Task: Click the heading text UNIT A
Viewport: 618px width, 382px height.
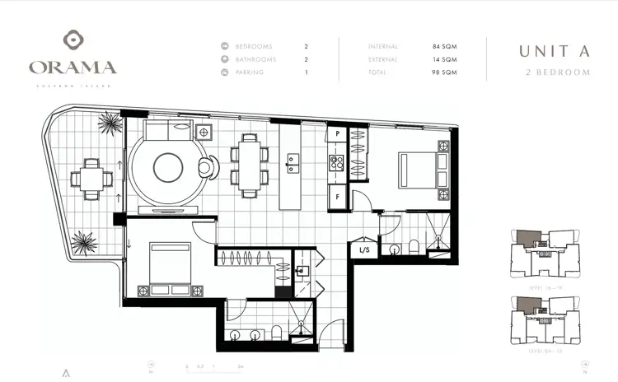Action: pos(554,51)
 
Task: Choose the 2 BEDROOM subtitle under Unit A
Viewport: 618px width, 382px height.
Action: pos(558,72)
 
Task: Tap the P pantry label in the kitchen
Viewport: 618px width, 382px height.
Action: pos(336,133)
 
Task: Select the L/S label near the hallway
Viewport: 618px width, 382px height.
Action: pos(364,249)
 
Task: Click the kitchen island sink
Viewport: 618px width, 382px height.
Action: pos(292,160)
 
